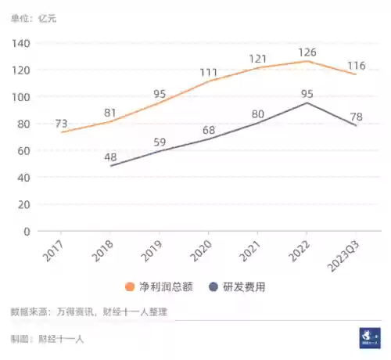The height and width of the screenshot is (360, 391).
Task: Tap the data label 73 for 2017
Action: [x=63, y=124]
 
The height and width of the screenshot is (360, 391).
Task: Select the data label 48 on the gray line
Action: [x=111, y=157]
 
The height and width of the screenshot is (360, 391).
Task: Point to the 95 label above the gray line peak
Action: [x=307, y=94]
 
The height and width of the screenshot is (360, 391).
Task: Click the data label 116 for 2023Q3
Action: [x=357, y=63]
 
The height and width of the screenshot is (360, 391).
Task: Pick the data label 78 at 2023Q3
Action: [x=357, y=117]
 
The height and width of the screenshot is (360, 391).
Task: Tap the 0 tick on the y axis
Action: [x=27, y=231]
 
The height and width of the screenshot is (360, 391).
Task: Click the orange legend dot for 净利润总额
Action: [x=130, y=286]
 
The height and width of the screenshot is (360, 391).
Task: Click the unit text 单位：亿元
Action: [x=34, y=16]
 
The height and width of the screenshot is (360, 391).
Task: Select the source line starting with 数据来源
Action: [x=88, y=312]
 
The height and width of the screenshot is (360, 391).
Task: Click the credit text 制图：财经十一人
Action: [x=47, y=338]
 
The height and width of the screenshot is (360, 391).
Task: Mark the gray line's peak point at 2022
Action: [x=307, y=103]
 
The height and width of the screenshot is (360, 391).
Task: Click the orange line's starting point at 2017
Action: [x=62, y=132]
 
